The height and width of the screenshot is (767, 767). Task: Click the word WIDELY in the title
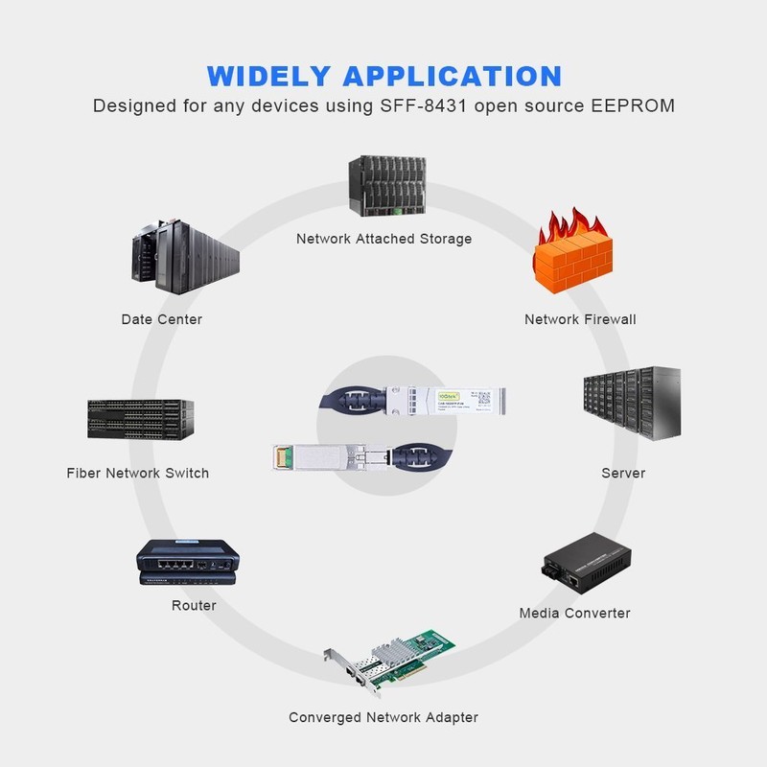268,76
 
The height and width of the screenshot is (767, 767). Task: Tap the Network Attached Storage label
383,239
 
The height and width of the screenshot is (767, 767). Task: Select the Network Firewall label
580,319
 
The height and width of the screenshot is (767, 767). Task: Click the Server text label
623,473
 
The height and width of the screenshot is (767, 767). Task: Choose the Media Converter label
574,613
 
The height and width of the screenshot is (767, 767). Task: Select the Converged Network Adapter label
383,717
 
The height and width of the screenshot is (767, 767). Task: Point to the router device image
186,561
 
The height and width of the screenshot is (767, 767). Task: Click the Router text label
194,606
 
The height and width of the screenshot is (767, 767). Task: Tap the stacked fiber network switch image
140,419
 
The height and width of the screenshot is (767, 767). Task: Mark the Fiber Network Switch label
138,473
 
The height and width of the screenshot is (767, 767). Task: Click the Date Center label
162,319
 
